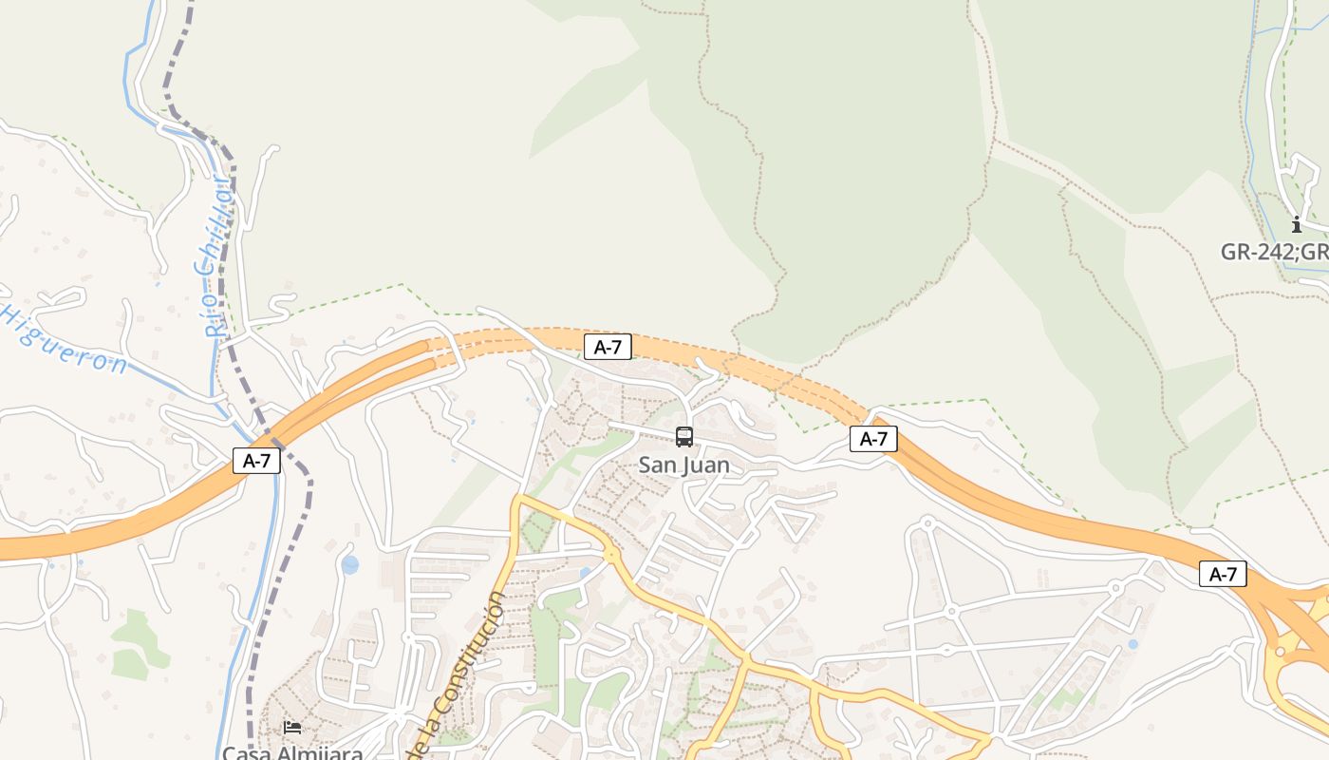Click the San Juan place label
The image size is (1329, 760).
(683, 465)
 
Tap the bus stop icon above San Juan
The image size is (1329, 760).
(683, 437)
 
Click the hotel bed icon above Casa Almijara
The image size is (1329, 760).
(292, 728)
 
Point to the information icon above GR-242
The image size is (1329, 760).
(1297, 225)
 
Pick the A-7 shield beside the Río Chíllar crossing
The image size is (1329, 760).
(257, 462)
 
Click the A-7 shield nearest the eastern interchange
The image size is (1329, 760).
(1223, 574)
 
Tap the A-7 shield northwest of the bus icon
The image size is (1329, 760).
(608, 347)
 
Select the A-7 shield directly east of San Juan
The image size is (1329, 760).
(873, 438)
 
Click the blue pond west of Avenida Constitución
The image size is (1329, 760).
(350, 565)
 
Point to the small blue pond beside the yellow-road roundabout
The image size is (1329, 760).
(585, 573)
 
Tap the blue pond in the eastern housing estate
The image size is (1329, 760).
(1132, 644)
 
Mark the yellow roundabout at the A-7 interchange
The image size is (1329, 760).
(1281, 652)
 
